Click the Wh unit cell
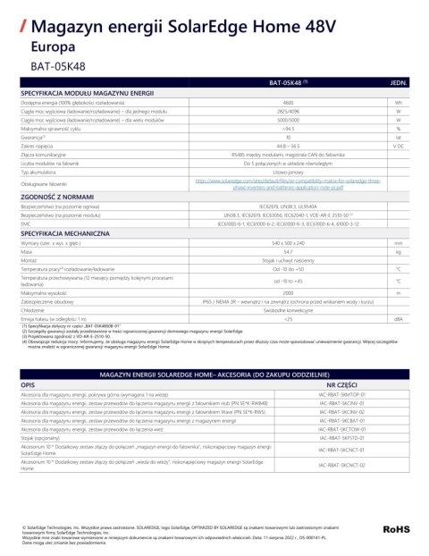tap(399, 104)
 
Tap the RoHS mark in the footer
tap(396, 530)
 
